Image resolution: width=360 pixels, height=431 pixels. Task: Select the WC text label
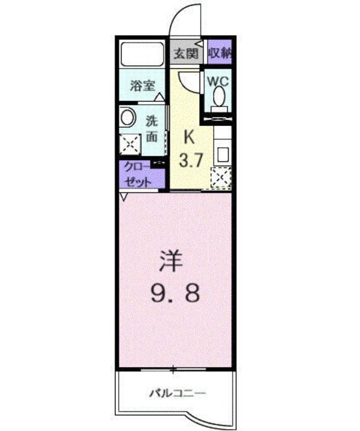[219, 80]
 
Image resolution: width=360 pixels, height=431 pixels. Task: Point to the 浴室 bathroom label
[143, 86]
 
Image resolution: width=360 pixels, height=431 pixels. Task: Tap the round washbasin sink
[127, 117]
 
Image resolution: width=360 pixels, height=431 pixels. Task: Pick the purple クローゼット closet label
[138, 174]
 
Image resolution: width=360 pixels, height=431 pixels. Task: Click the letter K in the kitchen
[190, 135]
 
